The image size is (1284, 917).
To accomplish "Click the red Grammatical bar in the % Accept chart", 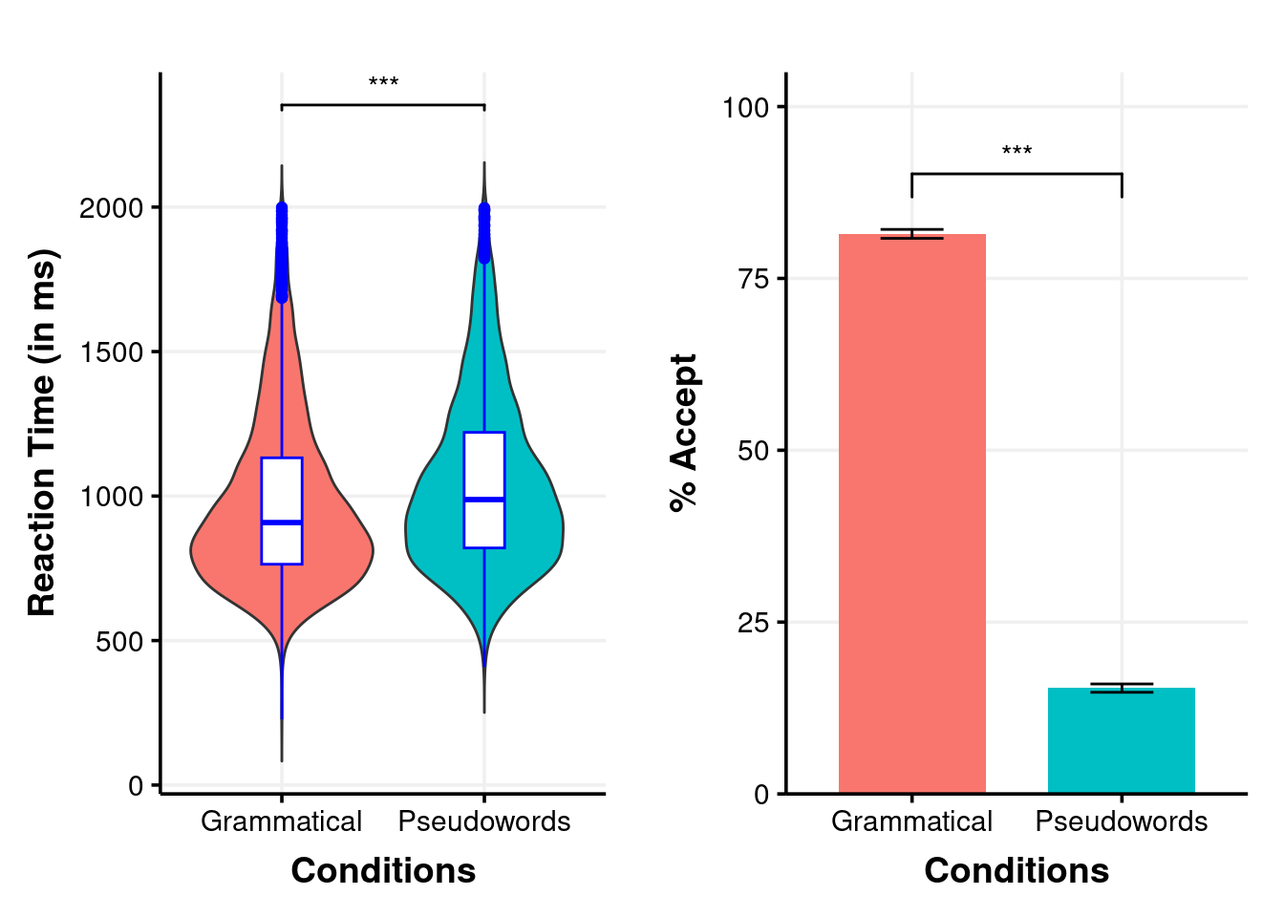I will pos(911,516).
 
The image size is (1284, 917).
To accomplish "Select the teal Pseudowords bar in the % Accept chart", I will pos(1121,740).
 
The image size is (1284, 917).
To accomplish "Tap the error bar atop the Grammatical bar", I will pos(911,233).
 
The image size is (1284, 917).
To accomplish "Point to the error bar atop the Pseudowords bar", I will pos(1121,688).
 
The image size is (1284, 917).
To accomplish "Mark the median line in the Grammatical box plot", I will pos(282,522).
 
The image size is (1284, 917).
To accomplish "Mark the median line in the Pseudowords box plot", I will pos(484,499).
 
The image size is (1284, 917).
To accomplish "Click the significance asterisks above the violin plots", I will pos(383,83).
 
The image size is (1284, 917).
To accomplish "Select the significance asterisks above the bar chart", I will pos(1016,152).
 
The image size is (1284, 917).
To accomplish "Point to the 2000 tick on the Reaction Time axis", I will pos(111,208).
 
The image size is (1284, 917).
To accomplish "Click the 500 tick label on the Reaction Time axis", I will pos(119,641).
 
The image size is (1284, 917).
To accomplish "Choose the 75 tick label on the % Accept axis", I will pos(753,279).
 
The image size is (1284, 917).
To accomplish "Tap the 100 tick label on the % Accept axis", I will pos(746,107).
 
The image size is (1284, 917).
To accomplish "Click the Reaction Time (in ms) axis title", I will pos(42,432).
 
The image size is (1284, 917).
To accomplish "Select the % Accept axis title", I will pos(684,432).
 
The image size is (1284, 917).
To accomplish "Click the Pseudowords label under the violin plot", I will pos(484,821).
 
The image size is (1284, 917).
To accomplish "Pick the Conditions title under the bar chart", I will pos(1016,870).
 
